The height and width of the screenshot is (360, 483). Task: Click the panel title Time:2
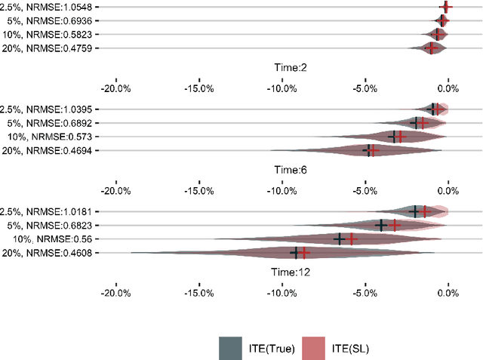click(289, 68)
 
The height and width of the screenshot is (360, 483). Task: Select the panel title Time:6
click(289, 170)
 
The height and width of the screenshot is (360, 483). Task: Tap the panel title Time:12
click(289, 272)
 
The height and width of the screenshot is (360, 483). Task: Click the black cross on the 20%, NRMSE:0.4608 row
click(295, 253)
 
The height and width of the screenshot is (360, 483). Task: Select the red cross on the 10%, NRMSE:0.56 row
click(351, 239)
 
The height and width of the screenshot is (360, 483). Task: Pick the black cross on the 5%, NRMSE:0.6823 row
click(382, 225)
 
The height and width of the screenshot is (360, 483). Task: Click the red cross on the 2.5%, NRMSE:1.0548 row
click(446, 7)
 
